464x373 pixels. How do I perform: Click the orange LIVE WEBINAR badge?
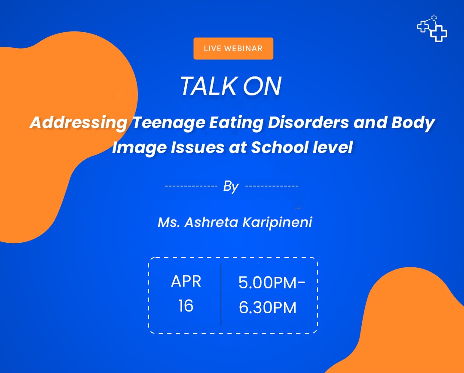[x=233, y=49]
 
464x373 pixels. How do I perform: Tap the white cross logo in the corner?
[x=432, y=28]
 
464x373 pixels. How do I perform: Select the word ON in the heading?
[x=262, y=86]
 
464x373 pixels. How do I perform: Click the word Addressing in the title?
[x=79, y=123]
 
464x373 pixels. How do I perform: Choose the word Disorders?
[x=308, y=122]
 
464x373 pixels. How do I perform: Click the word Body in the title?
[x=413, y=123]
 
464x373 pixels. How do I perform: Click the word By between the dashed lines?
[x=231, y=186]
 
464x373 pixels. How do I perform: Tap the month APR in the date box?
[x=186, y=281]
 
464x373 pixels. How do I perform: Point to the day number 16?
[x=186, y=306]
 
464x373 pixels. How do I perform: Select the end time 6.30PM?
[x=268, y=308]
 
